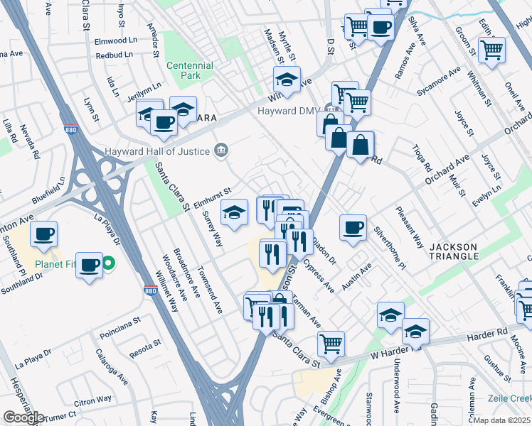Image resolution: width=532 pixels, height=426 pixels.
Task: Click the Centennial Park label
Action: point(190,70)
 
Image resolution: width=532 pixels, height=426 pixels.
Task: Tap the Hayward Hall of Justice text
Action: point(157,151)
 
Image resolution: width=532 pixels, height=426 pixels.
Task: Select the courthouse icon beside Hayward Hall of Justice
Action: point(221,150)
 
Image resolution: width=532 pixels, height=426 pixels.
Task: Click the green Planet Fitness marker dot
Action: point(108,265)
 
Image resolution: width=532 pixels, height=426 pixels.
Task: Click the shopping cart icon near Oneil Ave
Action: point(491,49)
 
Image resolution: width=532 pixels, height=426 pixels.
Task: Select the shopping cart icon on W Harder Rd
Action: point(331,344)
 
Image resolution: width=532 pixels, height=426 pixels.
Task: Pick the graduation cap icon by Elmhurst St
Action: point(234,212)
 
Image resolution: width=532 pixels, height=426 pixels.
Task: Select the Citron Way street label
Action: point(95,400)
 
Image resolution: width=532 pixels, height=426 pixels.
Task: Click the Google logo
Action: point(23,417)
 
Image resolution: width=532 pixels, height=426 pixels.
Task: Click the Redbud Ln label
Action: point(115,55)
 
